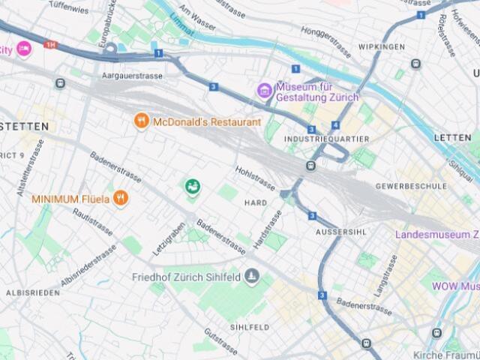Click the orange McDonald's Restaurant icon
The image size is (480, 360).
(x=141, y=121)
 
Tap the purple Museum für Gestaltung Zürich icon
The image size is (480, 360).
(x=263, y=91)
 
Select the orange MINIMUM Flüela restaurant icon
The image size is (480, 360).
(x=120, y=199)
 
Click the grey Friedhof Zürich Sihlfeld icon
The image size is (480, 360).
(x=251, y=275)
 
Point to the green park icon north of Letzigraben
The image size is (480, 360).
(x=193, y=186)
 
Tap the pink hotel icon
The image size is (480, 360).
(x=24, y=49)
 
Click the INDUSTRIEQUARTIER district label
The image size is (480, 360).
(x=326, y=139)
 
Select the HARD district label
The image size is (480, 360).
(x=256, y=203)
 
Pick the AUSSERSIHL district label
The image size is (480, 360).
(x=340, y=232)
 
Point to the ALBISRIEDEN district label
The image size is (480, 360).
(x=33, y=292)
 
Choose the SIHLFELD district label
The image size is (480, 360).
(x=250, y=328)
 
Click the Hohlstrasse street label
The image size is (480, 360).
(x=256, y=178)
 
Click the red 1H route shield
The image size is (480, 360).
(x=51, y=45)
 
